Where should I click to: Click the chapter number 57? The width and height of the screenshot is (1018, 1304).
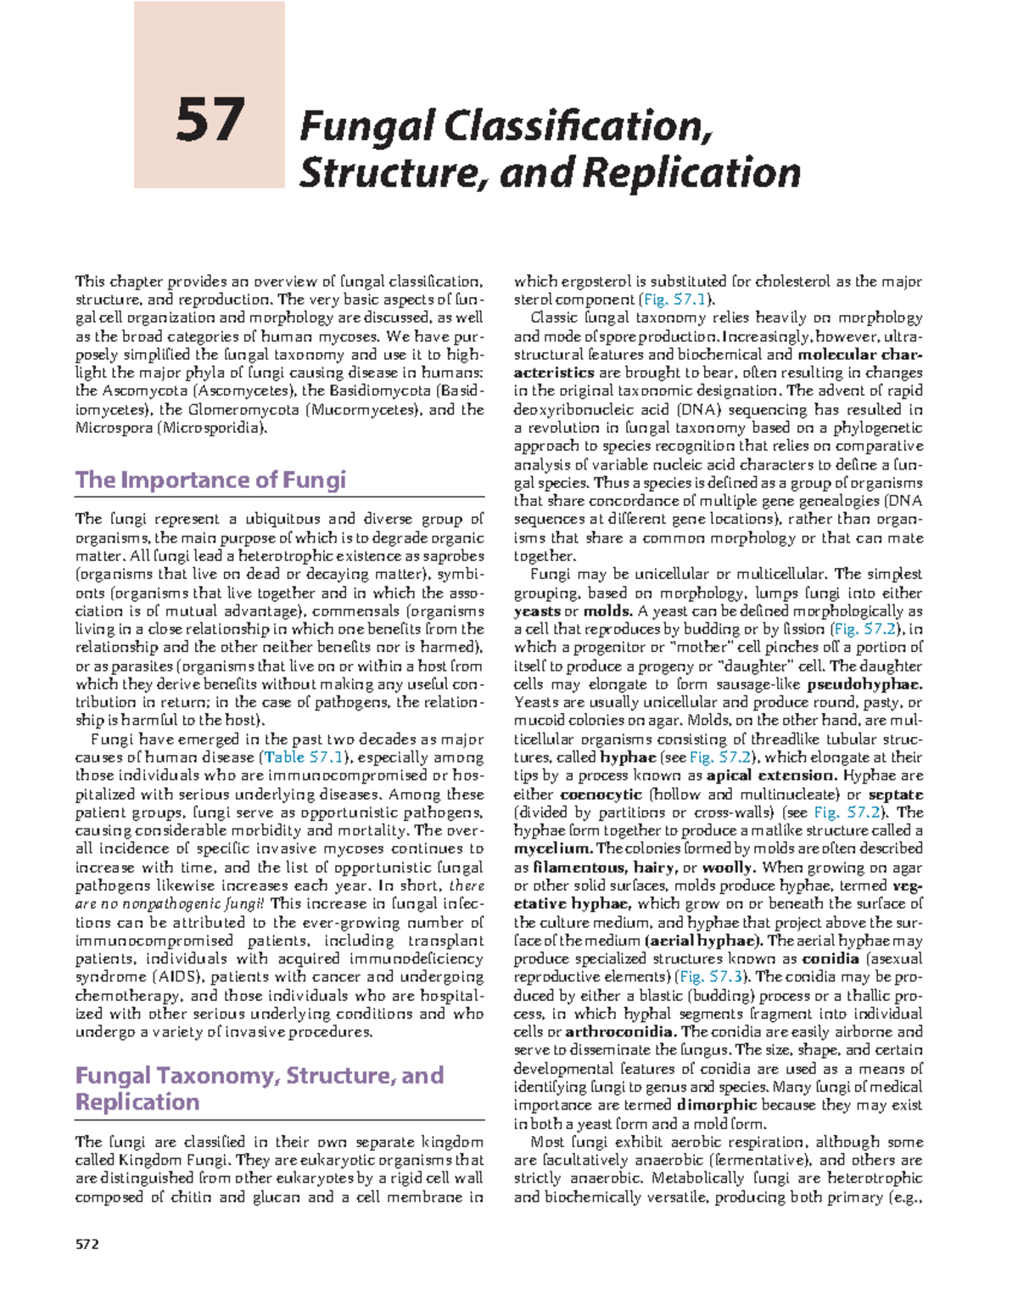click(x=210, y=121)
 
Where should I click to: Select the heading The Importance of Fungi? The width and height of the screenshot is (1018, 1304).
click(x=210, y=481)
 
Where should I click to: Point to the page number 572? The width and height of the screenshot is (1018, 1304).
click(x=87, y=1245)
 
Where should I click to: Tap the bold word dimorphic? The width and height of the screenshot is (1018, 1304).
click(x=716, y=1105)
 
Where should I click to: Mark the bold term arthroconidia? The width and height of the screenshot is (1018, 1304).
click(x=621, y=1032)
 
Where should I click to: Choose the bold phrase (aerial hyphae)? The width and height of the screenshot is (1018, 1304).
click(x=704, y=941)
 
